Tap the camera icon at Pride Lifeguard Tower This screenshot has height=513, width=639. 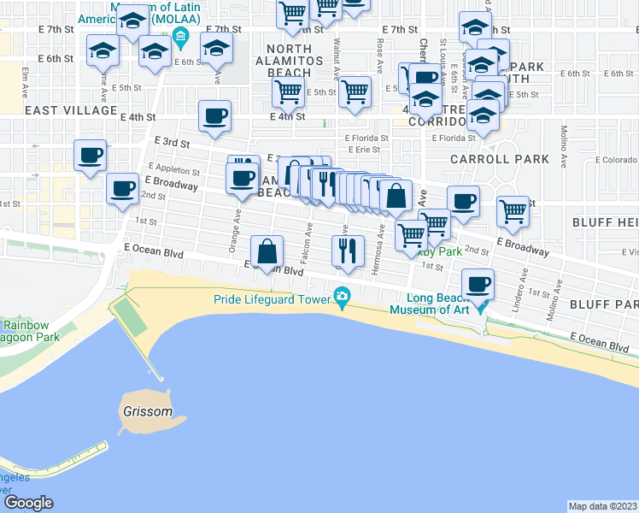coord(343,297)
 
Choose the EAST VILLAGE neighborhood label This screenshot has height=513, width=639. coord(71,110)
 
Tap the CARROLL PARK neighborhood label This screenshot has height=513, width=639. coord(501,159)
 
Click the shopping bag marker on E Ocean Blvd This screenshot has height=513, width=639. coord(267,251)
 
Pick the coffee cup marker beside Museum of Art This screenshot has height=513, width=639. coord(478,283)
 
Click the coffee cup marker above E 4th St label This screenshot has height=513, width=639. coord(214,115)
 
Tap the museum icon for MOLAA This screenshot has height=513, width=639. coord(180,36)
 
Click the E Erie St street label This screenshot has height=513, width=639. coord(362,150)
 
